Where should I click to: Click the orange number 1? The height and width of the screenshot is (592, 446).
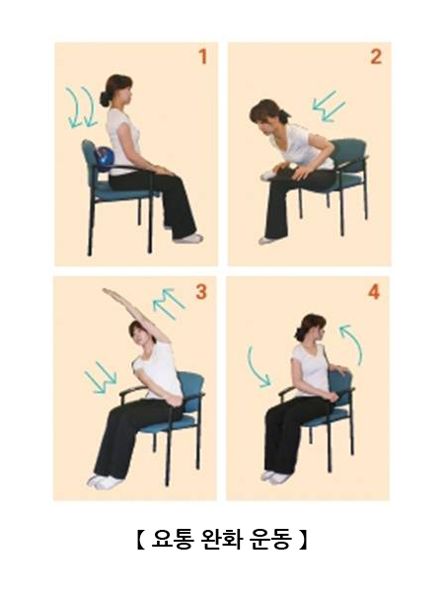tap(203, 56)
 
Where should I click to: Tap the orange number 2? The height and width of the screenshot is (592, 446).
tap(376, 56)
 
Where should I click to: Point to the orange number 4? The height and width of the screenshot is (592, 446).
tap(374, 292)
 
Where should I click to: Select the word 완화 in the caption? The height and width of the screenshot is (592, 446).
tap(223, 539)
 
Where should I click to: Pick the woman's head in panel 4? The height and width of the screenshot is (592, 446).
tap(311, 329)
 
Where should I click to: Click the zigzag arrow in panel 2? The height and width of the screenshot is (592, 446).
tap(329, 106)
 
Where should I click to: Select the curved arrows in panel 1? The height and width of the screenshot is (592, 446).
tap(82, 107)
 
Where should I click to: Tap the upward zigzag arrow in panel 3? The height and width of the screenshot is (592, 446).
tap(169, 303)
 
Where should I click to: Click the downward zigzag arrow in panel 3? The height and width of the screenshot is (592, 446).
tap(101, 378)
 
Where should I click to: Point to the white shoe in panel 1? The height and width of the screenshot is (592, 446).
tap(188, 238)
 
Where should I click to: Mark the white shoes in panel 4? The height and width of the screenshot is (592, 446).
tap(276, 477)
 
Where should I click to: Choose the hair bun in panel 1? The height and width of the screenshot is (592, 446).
tap(105, 99)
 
